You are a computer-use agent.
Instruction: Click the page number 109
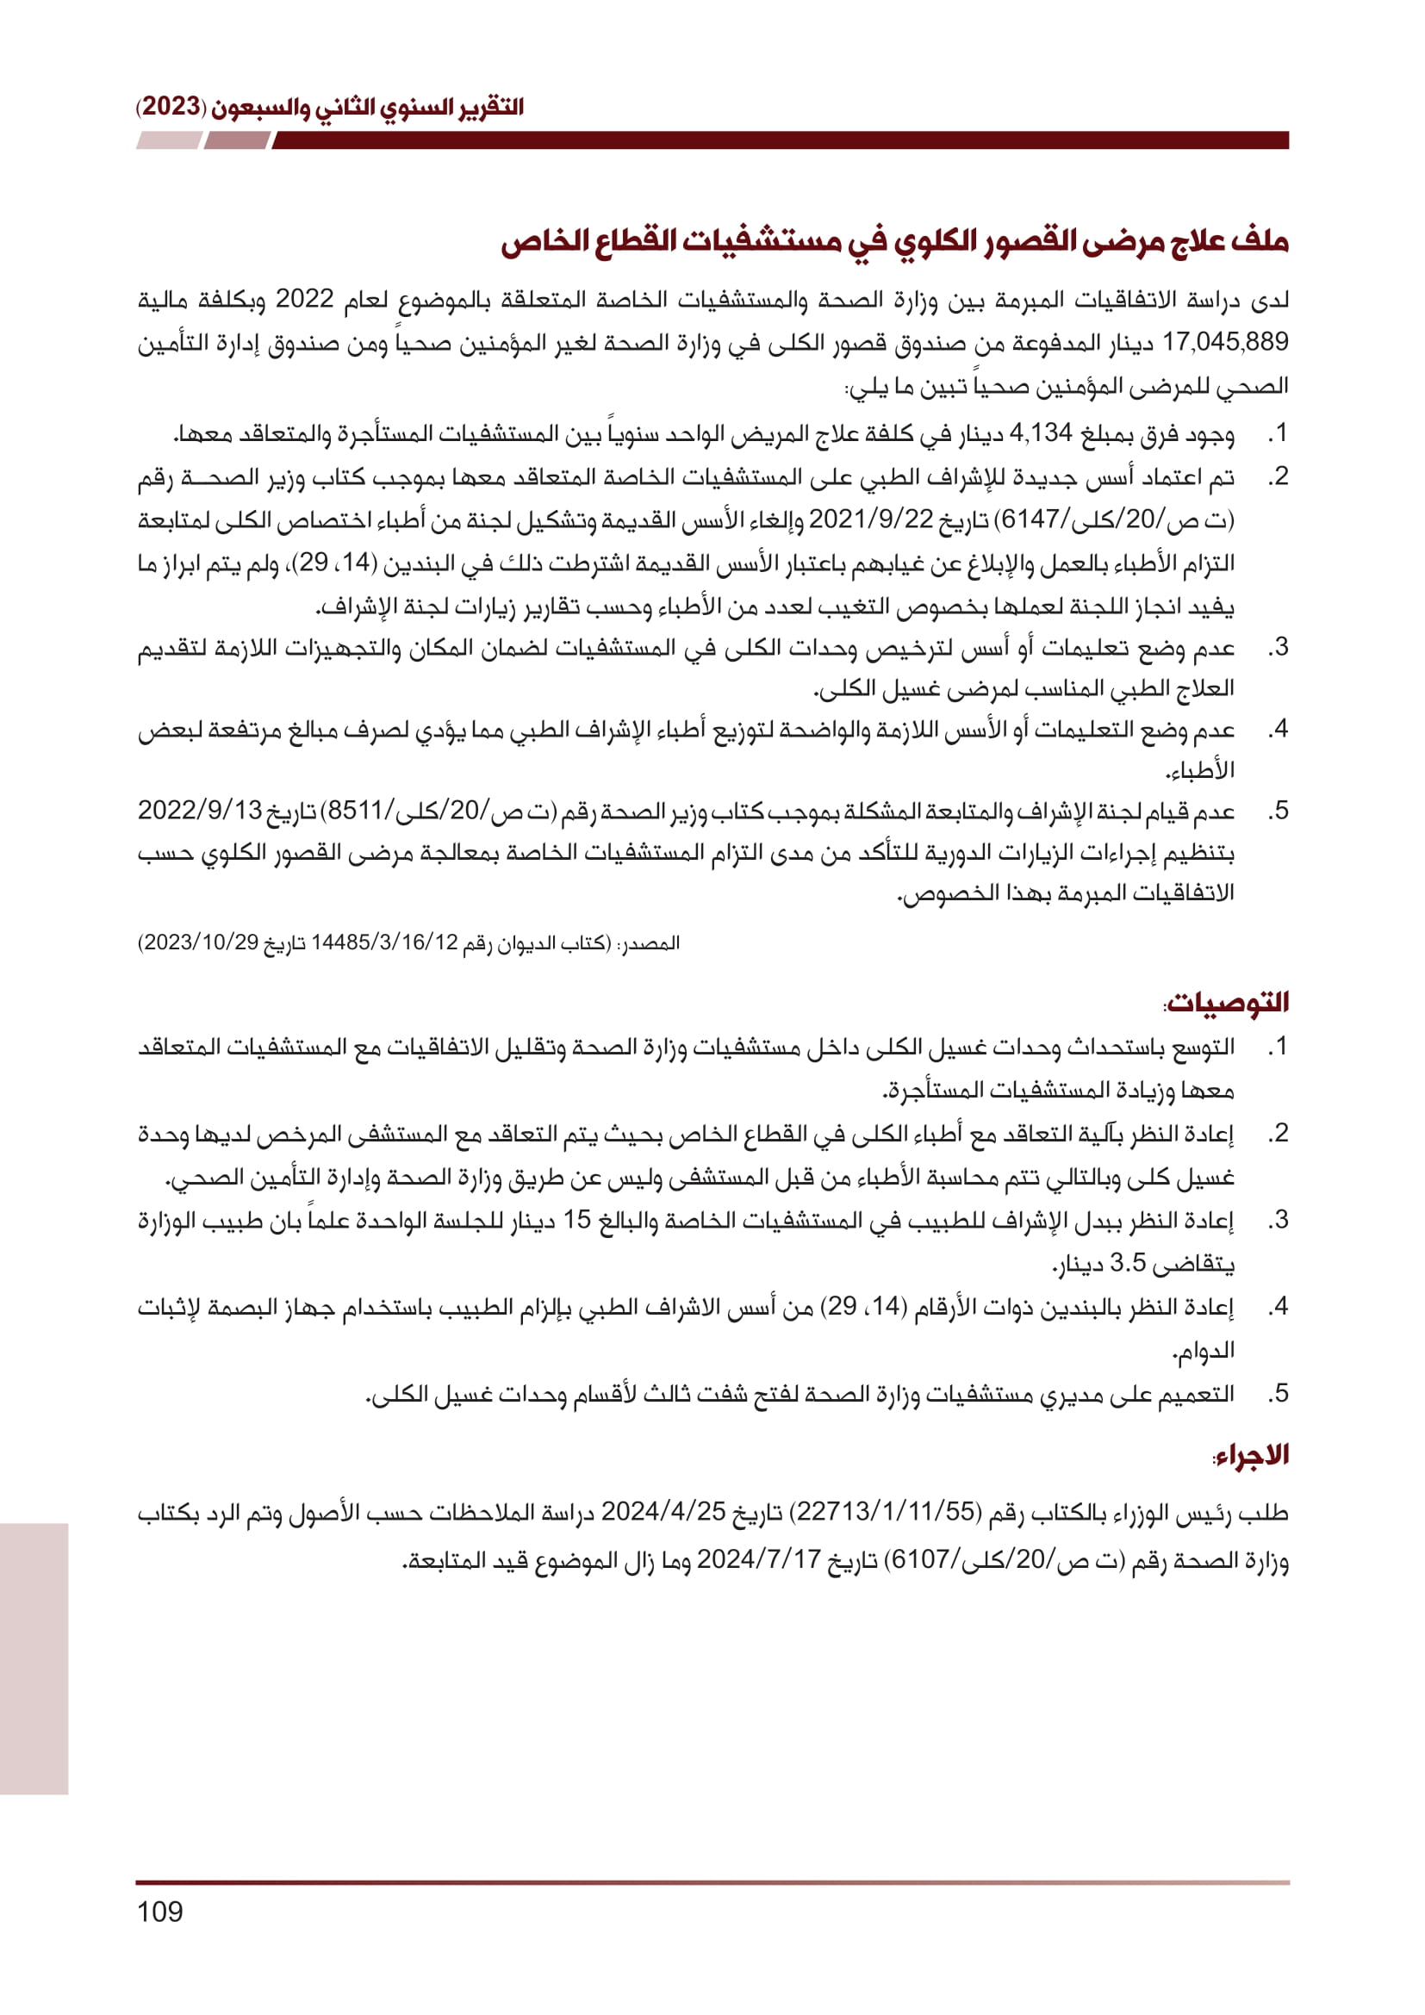pos(159,1912)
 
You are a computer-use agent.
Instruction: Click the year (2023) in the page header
pos(171,107)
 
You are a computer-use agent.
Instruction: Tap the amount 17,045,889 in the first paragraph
pos(1225,342)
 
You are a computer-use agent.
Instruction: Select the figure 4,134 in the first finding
pos(1041,432)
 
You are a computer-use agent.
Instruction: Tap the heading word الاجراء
pos(1252,1455)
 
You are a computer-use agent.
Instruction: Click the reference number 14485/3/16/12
pos(384,942)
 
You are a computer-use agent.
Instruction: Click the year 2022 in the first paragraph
pos(304,299)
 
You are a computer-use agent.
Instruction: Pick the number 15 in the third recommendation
pos(576,1220)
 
